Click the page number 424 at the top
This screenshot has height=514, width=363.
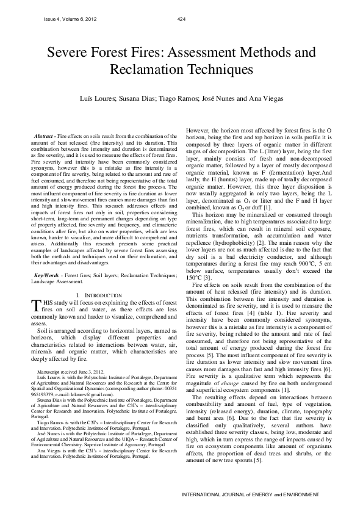click(x=181, y=19)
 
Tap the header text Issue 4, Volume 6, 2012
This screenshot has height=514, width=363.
click(x=70, y=19)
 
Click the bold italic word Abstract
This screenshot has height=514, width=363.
click(x=43, y=134)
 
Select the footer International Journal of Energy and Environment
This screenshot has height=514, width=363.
click(x=254, y=493)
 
